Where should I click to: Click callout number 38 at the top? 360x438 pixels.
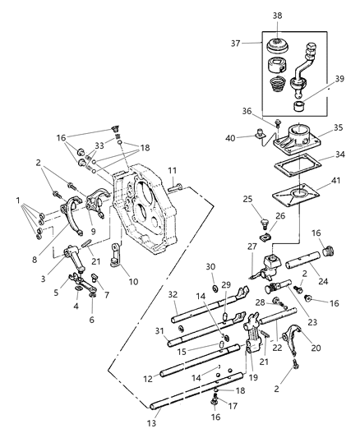point(276,15)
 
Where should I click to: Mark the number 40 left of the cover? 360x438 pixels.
point(255,137)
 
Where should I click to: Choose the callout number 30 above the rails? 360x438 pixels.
point(211,265)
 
